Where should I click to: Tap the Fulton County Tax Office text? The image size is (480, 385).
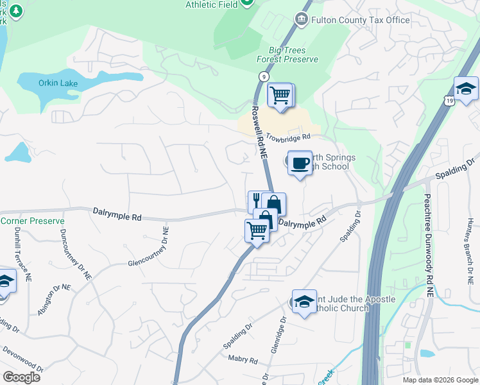coord(360,21)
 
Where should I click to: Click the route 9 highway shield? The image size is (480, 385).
coord(263,76)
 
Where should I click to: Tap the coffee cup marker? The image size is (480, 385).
coord(300,162)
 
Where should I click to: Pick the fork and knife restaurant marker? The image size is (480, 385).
coord(256,200)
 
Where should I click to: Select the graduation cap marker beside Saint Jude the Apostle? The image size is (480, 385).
coord(304,302)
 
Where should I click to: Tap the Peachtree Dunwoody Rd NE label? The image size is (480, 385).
coord(427,234)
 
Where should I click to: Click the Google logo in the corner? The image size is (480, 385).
coord(21,377)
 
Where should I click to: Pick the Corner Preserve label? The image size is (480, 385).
coord(32,221)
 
